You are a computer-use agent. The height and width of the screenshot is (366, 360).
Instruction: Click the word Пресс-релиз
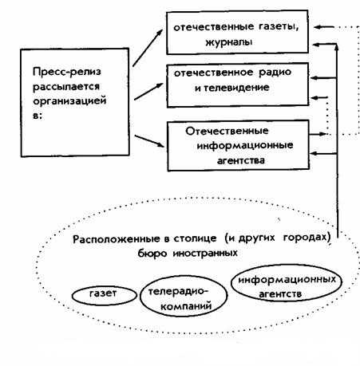point(67,72)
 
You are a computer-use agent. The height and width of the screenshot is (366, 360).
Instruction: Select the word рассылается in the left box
point(66,87)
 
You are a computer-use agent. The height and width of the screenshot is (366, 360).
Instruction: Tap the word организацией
point(69,101)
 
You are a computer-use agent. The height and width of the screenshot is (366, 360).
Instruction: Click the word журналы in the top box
point(229,42)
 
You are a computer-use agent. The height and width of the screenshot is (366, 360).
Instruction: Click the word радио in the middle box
point(275,73)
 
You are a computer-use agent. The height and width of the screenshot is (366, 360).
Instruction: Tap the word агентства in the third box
point(241,161)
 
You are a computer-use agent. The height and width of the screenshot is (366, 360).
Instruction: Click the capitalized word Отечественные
point(227,131)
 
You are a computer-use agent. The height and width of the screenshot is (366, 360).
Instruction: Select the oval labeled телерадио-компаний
point(184,296)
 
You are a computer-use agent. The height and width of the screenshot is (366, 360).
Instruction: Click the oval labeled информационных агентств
point(287,283)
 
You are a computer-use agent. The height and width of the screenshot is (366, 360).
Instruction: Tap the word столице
point(195,238)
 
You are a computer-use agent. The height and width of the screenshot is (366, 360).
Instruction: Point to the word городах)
point(307,237)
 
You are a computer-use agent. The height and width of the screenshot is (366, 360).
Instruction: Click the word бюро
point(152,254)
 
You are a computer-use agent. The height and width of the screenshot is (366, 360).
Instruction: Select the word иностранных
point(205,253)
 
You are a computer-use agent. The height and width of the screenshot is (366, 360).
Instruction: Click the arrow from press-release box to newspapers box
point(148,48)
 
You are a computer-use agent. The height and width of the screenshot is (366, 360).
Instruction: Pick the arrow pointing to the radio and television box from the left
point(148,92)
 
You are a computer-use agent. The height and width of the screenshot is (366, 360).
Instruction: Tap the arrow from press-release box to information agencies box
point(149,141)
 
